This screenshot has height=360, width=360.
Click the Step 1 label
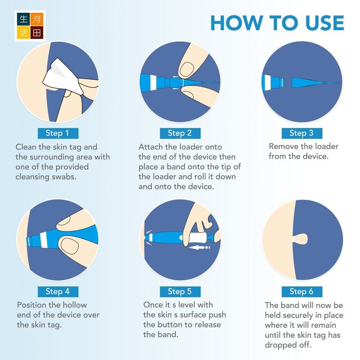tap(58, 133)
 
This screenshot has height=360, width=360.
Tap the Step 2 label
tap(180, 133)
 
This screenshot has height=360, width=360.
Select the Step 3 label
tap(302, 133)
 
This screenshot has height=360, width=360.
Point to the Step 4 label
tap(58, 292)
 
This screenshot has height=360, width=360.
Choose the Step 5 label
tap(180, 292)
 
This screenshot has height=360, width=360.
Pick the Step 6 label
tap(302, 292)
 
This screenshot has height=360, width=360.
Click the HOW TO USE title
tap(277, 23)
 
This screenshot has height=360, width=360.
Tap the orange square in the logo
tap(37, 18)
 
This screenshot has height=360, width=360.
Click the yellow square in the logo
tap(23, 32)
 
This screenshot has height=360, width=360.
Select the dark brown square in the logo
tap(37, 32)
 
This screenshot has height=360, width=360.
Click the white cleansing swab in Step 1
tap(62, 77)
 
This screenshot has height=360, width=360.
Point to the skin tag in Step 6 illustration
tap(300, 239)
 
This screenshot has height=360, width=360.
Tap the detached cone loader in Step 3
tap(316, 83)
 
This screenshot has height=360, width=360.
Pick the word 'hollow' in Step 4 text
tap(75, 305)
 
